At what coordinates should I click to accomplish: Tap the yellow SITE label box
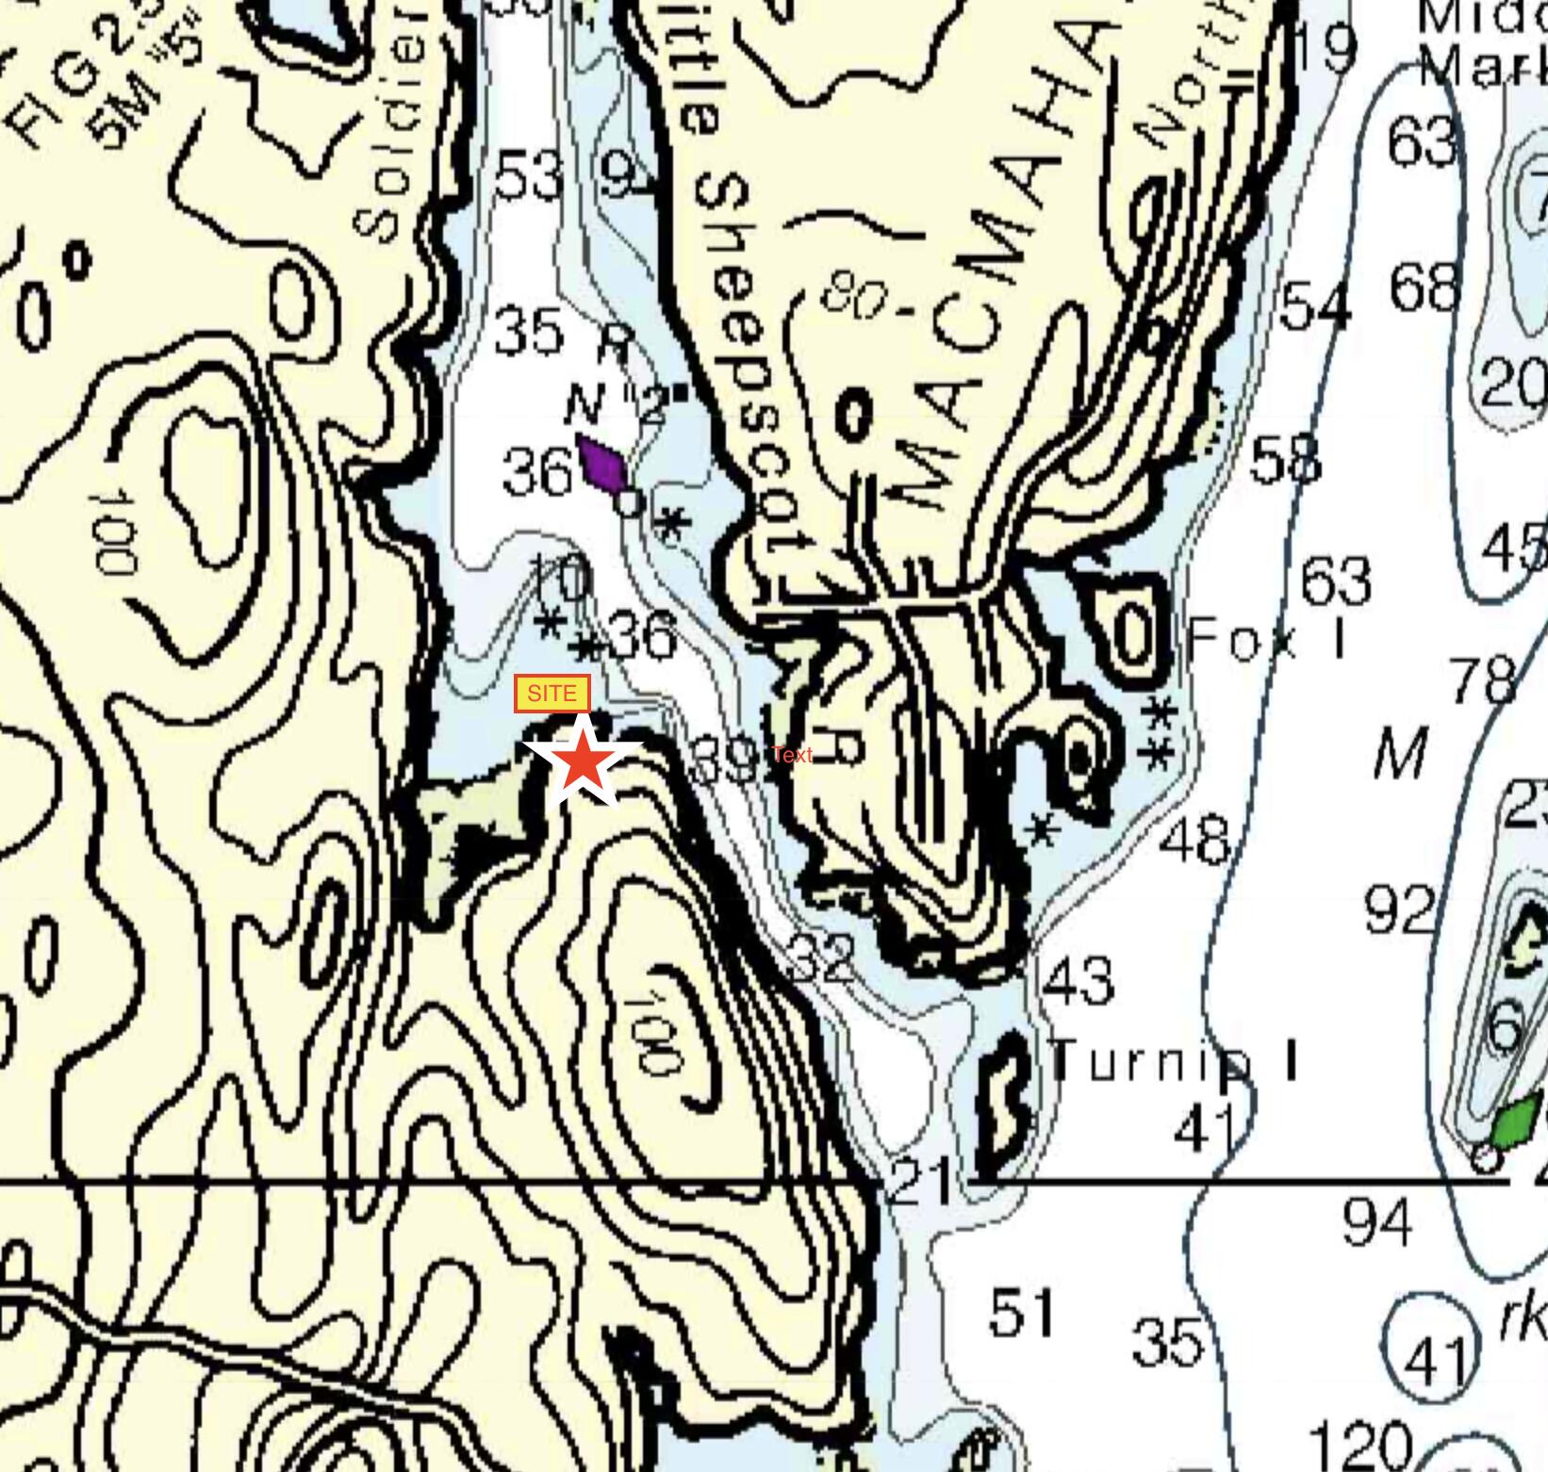(552, 695)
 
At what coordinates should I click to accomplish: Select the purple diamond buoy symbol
(602, 463)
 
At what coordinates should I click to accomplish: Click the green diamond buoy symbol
(1516, 1122)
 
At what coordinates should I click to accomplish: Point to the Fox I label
(1267, 640)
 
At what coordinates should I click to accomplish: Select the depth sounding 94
(1376, 1221)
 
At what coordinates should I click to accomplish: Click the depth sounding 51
(1022, 1312)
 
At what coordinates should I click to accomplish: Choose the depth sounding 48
(1194, 840)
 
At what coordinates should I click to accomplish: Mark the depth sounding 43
(1079, 980)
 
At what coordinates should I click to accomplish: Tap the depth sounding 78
(1484, 679)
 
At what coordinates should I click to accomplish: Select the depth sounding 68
(1424, 286)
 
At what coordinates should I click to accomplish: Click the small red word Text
(792, 754)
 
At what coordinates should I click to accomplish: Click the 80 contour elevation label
(853, 296)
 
